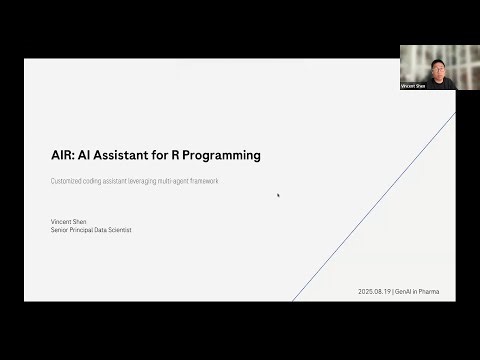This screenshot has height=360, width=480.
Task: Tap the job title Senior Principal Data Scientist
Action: pos(91,230)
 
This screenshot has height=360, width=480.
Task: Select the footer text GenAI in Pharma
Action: pos(418,291)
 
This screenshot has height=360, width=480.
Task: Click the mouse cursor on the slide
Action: pos(278,195)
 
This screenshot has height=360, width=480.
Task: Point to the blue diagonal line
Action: pos(370,210)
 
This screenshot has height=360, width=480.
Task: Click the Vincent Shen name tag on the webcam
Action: pos(413,87)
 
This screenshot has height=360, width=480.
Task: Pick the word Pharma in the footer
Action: pos(429,291)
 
